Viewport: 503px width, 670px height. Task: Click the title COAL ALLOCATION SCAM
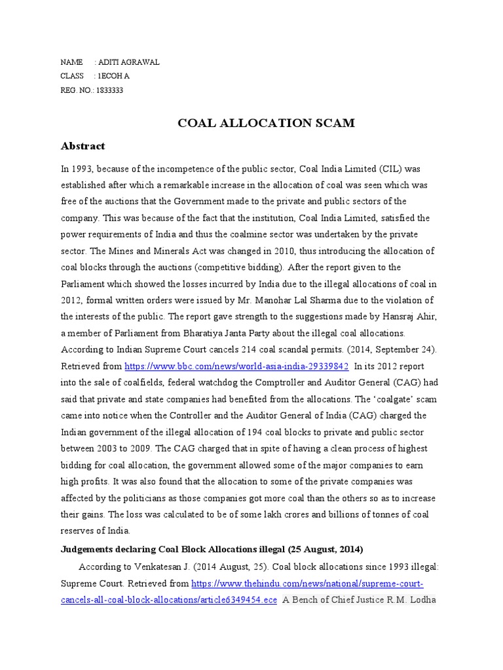(251, 122)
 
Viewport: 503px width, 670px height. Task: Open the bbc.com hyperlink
(236, 366)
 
